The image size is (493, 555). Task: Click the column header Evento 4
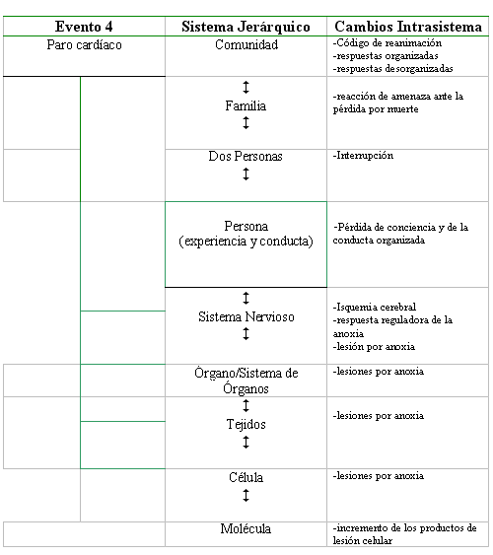coord(84,27)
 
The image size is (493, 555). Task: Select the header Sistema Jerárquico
coord(246,27)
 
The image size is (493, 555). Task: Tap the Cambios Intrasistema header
coord(408,27)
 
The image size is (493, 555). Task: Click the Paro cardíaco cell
coord(84,45)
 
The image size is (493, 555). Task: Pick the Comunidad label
coord(246,45)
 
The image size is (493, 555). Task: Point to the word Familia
coord(246,105)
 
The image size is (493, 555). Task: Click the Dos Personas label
coord(246,156)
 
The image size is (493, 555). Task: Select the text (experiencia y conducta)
coord(246,242)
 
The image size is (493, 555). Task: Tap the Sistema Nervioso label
coord(246,316)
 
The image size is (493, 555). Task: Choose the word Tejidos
coord(246,424)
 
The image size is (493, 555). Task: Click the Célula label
coord(246,477)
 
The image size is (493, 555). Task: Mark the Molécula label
coord(246,528)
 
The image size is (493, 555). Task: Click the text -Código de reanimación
coord(387,43)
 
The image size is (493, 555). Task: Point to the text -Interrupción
coord(363,156)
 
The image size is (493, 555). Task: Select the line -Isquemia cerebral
coord(375,307)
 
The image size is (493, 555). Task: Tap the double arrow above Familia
coord(246,87)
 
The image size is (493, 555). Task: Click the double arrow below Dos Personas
coord(246,173)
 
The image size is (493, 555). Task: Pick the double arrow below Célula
coord(246,495)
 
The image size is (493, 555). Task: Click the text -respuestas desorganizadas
coord(392,68)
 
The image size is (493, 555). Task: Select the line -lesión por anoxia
coord(374,347)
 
